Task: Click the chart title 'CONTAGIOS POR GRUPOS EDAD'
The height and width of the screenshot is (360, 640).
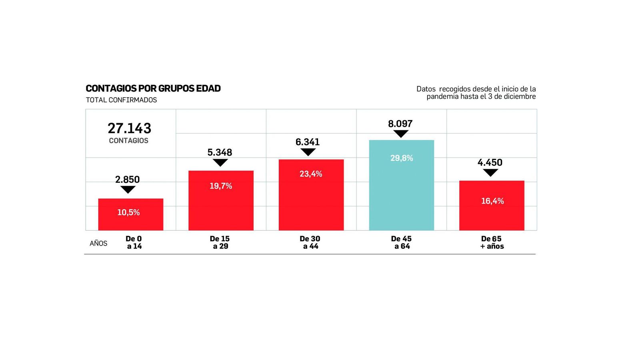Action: pos(153,88)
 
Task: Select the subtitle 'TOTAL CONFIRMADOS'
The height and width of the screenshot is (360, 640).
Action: pos(121,100)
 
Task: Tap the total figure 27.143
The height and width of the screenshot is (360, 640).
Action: pos(129,128)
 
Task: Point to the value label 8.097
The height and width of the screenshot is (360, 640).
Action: pos(400,124)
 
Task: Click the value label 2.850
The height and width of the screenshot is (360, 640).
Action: pos(128,180)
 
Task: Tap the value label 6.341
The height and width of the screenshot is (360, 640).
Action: pos(308,142)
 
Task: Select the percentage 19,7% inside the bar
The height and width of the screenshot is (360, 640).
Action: pos(221,186)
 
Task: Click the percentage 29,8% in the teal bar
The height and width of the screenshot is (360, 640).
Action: pos(402,158)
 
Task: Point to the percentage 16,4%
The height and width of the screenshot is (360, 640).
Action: pos(492,201)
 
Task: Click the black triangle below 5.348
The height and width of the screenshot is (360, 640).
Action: pos(220,162)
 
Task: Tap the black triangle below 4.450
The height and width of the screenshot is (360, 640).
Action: pos(490,172)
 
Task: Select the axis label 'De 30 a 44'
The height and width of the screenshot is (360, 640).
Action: pos(310,242)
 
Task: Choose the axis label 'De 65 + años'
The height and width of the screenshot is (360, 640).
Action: pos(492,242)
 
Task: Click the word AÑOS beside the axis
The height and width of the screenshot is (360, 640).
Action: pos(98,243)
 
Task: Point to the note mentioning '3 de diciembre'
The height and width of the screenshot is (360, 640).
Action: pos(481,96)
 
